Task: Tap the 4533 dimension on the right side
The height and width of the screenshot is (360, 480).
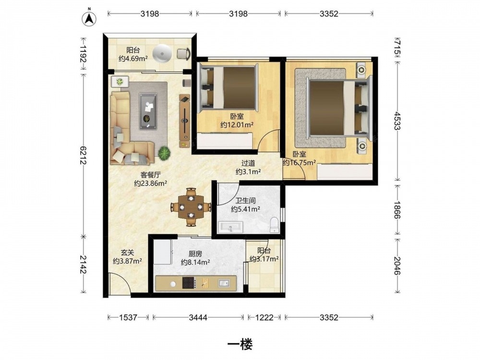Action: tap(397, 120)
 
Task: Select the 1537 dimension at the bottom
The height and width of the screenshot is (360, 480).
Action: tap(128, 317)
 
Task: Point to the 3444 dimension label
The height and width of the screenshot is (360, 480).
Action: tap(198, 317)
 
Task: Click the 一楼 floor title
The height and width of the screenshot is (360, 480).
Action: tap(240, 345)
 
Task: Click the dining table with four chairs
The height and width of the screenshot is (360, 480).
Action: tap(191, 207)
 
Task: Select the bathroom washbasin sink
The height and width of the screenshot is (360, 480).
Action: tap(230, 227)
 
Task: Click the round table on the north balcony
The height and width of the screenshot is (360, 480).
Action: tap(162, 53)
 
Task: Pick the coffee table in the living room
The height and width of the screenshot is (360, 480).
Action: tap(148, 111)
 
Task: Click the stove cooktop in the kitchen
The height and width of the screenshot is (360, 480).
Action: tap(190, 283)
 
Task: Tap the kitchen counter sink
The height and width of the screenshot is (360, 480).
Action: tap(224, 283)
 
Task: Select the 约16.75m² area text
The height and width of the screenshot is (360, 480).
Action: tap(299, 163)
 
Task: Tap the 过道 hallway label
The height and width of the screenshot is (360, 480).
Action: tap(248, 164)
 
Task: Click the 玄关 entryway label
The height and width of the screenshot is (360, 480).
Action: tap(127, 252)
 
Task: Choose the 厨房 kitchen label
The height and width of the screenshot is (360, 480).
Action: tap(195, 254)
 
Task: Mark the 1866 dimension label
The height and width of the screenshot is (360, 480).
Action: tap(397, 210)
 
